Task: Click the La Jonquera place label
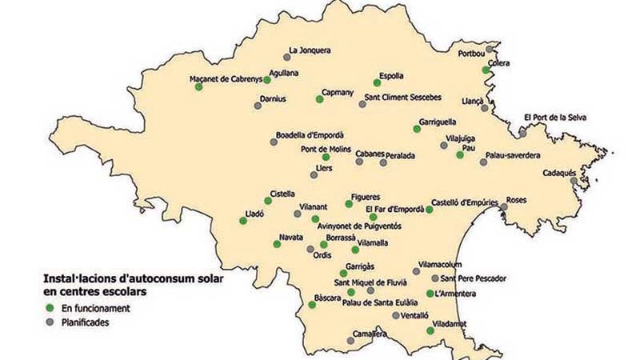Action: pyautogui.click(x=309, y=50)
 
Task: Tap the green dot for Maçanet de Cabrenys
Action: pyautogui.click(x=198, y=87)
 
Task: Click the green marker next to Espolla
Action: pyautogui.click(x=377, y=82)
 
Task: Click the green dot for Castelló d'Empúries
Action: pyautogui.click(x=430, y=210)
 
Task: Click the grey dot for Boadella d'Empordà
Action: pyautogui.click(x=274, y=142)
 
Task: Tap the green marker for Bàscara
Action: pyautogui.click(x=312, y=304)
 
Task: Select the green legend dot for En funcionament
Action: pyautogui.click(x=49, y=307)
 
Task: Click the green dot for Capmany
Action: pyautogui.click(x=319, y=99)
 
